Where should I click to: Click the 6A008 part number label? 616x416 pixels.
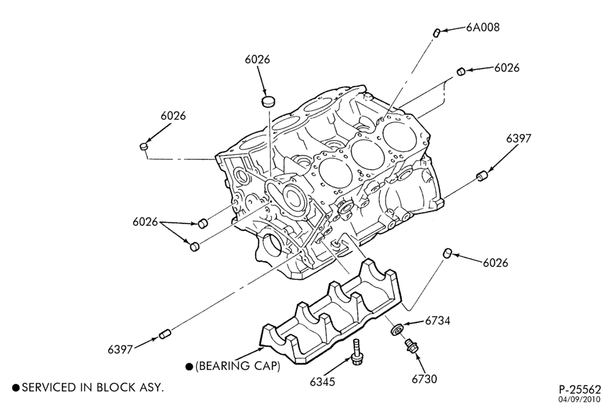[x=483, y=27]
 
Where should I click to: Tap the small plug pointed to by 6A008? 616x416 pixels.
[x=437, y=32]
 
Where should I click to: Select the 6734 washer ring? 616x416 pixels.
[x=395, y=329]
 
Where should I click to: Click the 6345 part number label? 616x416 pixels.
[x=323, y=382]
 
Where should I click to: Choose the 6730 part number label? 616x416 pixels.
[x=424, y=378]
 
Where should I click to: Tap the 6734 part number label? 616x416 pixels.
[x=437, y=321]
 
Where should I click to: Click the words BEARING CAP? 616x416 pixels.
[x=238, y=366]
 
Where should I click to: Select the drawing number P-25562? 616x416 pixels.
[x=580, y=390]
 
